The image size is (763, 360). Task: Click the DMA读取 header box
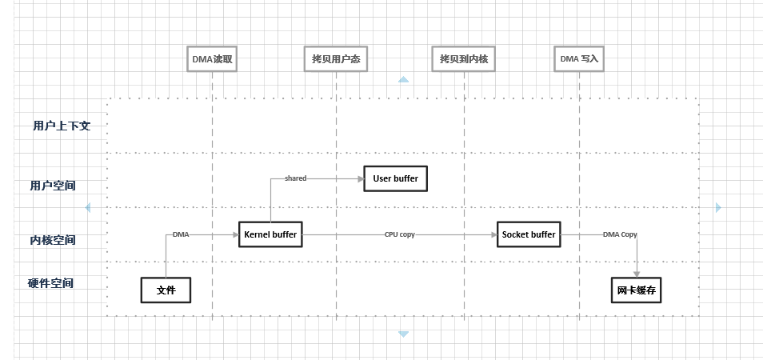coord(212,59)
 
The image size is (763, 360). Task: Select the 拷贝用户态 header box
coord(336,59)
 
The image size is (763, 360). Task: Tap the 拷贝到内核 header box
coord(464,59)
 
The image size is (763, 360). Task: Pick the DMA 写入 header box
coord(579,59)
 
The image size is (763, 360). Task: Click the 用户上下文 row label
coord(62,126)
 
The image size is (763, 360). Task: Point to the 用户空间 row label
coord(53,186)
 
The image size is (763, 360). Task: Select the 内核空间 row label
coord(53,240)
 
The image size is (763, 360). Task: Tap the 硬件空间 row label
coord(50,282)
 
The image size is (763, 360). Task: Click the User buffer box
coord(396,178)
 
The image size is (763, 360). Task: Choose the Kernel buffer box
coord(270,234)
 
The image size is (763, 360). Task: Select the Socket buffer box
coord(529,234)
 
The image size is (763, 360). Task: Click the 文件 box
coord(166,290)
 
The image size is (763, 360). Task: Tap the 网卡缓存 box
coord(636,290)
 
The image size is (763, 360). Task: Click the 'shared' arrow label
coord(296,178)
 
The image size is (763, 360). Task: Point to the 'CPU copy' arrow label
coord(400,234)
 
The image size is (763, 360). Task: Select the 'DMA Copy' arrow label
coord(620,234)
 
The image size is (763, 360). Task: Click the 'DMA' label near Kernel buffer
coord(181,234)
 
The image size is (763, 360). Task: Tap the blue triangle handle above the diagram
coord(403,79)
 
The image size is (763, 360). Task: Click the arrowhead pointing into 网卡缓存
coord(637,274)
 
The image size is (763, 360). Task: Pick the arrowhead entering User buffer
coord(361,178)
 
